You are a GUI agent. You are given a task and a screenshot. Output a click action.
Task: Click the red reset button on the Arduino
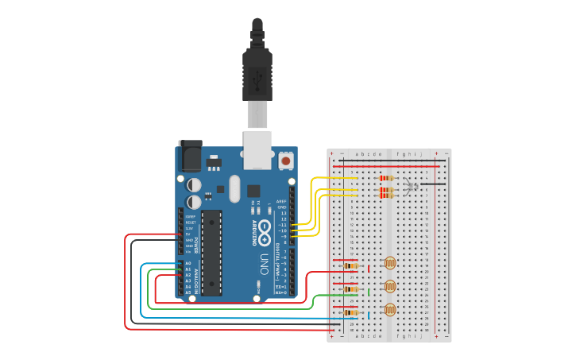pos(286,161)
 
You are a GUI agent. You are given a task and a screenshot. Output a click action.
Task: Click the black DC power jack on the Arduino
pos(191,156)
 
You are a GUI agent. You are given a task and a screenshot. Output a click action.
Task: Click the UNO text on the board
pos(263,261)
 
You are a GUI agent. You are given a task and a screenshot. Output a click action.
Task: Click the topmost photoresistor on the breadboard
pos(389,263)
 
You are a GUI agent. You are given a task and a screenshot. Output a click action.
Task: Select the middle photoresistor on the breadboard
pos(389,286)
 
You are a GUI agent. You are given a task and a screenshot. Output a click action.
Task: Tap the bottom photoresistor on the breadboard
pos(389,310)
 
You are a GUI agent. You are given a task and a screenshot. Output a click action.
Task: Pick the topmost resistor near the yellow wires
pos(387,178)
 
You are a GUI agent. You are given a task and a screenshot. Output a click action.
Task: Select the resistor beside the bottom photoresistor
pos(351,312)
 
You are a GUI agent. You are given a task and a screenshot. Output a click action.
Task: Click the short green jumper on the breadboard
pos(369,292)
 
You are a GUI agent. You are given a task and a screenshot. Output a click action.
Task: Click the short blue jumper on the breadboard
pos(369,315)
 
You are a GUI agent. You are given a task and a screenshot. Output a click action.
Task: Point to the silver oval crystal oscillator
pos(234,188)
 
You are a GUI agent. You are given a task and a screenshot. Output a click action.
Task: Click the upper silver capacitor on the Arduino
pos(194,184)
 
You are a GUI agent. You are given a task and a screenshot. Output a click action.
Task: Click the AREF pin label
pos(280,201)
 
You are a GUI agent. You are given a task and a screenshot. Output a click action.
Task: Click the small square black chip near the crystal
pos(253,191)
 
